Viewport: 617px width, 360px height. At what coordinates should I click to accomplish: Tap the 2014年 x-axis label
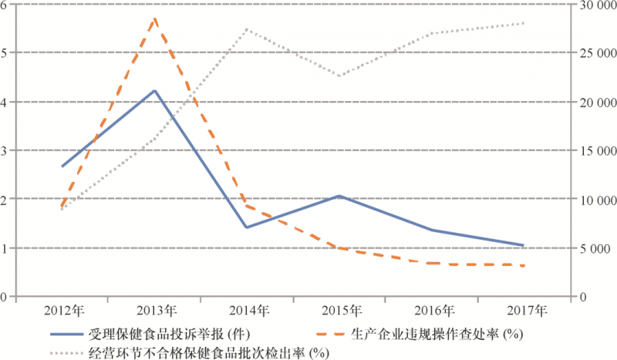coord(248,311)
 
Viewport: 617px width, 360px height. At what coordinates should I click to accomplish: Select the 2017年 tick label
coord(522,311)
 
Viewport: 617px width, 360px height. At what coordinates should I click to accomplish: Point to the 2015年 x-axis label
coord(339,311)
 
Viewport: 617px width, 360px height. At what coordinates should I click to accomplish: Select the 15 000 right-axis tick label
coord(595,150)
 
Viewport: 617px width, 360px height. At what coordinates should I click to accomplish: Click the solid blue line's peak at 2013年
coord(155,91)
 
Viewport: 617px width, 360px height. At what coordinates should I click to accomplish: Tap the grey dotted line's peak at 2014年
coord(247,29)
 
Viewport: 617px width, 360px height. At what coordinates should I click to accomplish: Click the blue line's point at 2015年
coord(339,196)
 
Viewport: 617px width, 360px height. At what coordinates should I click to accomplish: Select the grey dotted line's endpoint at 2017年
coord(523,23)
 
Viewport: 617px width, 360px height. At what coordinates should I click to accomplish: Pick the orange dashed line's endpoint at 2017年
coord(523,265)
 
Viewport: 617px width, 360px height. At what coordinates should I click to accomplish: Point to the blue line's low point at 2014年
coord(247,227)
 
